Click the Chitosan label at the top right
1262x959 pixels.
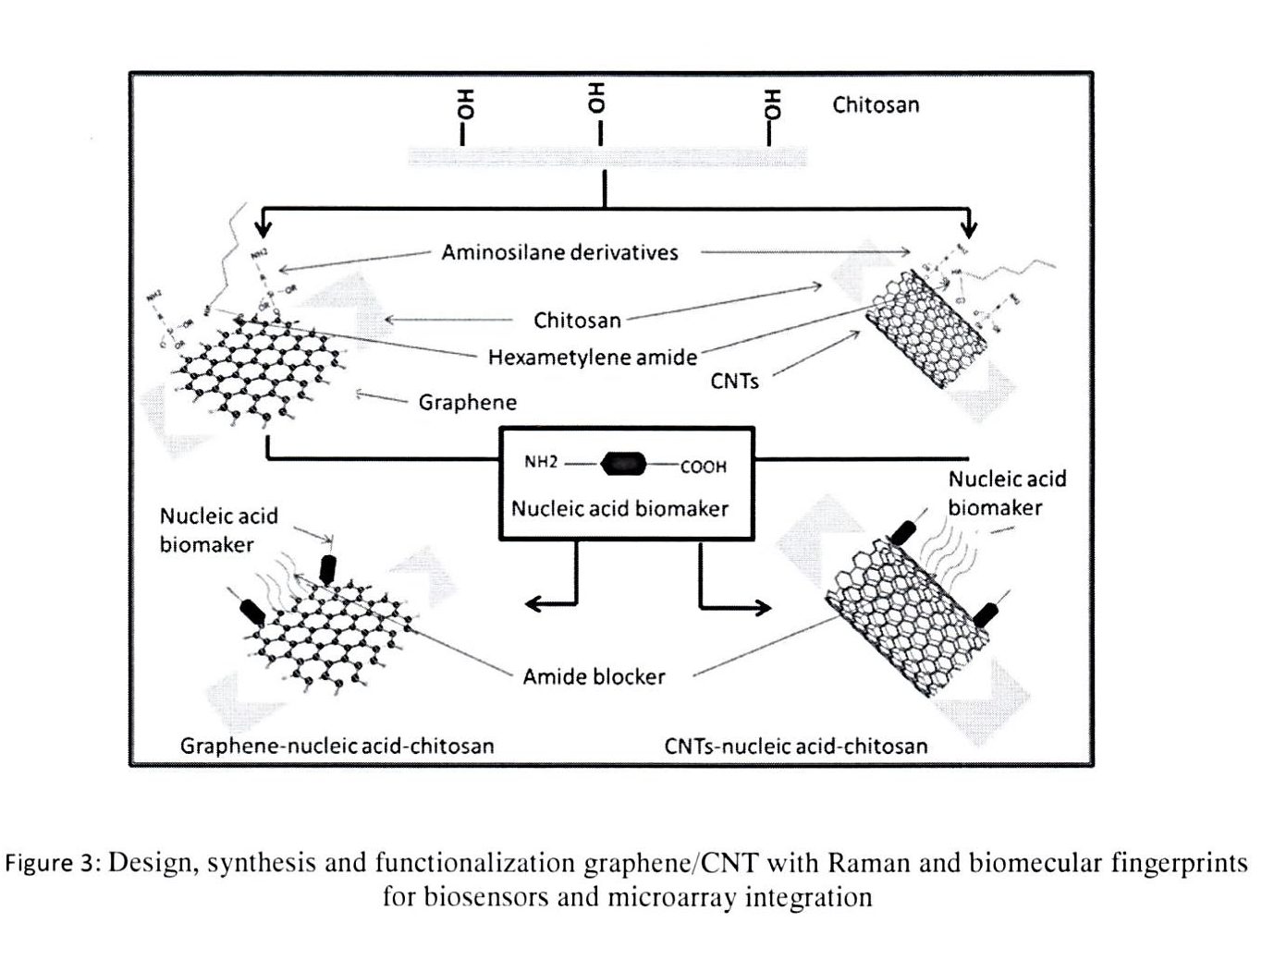coord(876,104)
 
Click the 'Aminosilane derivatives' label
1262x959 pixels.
coord(559,252)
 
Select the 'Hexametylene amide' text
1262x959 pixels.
coord(593,357)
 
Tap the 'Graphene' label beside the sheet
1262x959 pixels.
coord(467,402)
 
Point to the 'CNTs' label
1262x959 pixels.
coord(734,381)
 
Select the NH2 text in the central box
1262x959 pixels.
coord(541,462)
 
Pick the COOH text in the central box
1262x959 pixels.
coord(704,467)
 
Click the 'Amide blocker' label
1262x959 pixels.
coord(594,676)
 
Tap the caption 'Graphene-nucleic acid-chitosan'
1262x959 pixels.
coord(337,746)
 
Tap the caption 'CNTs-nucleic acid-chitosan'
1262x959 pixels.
coord(795,746)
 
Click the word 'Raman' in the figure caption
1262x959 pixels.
coord(866,863)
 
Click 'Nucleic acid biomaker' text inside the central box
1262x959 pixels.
coord(619,507)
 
